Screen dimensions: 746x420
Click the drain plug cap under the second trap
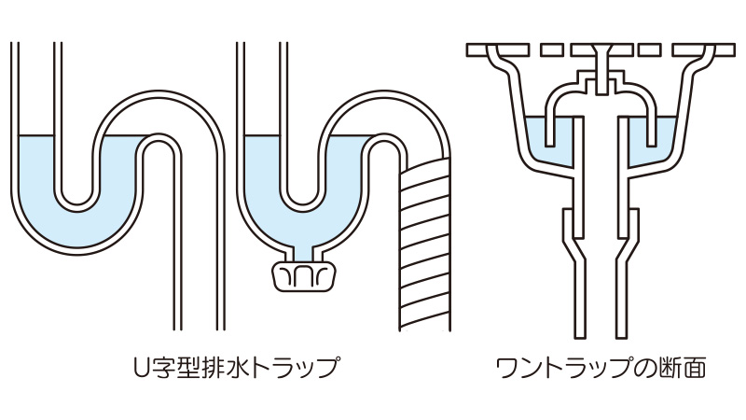pos(304,275)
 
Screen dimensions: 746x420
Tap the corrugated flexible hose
pos(425,245)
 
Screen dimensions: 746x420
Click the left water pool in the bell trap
pos(549,142)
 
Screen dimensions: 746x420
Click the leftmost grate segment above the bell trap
pos(498,50)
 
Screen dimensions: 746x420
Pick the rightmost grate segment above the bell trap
pos(703,50)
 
